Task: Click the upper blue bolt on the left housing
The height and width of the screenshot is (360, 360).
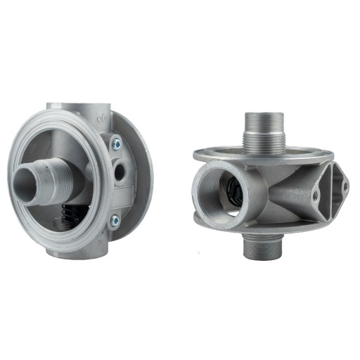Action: (116, 143)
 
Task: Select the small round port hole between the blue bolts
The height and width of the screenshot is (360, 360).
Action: (121, 170)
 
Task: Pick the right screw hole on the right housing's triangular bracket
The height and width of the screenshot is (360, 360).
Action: (345, 186)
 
